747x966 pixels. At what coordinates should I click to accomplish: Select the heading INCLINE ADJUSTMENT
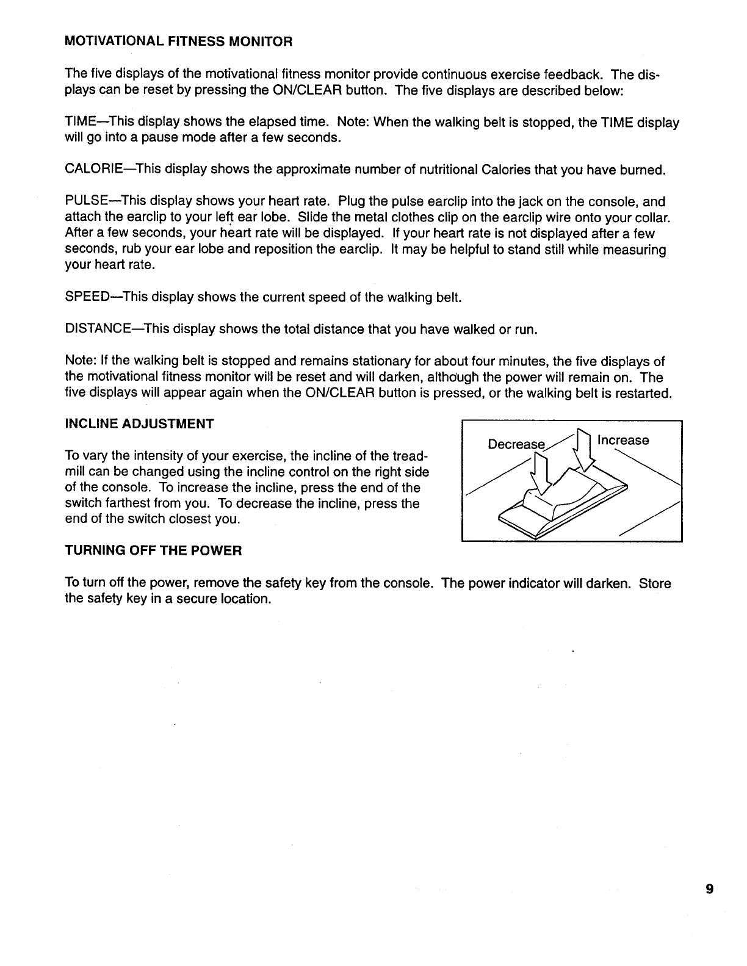click(139, 424)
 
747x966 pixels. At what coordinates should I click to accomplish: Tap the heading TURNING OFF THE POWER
click(153, 551)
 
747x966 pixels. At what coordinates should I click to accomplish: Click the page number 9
click(709, 889)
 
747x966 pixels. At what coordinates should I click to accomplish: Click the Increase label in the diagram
click(623, 441)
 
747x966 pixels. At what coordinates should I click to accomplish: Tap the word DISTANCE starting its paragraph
click(95, 330)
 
